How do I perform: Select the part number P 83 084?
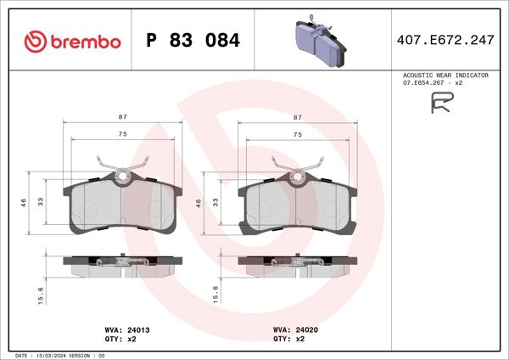(193, 41)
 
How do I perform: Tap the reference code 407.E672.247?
(446, 40)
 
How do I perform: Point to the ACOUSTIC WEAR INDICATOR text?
(445, 76)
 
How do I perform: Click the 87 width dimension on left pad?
(123, 115)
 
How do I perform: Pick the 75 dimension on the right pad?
(298, 134)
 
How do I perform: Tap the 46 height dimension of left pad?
(25, 201)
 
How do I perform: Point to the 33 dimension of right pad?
(216, 201)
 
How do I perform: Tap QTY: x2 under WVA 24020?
(289, 338)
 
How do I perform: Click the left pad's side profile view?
(123, 267)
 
